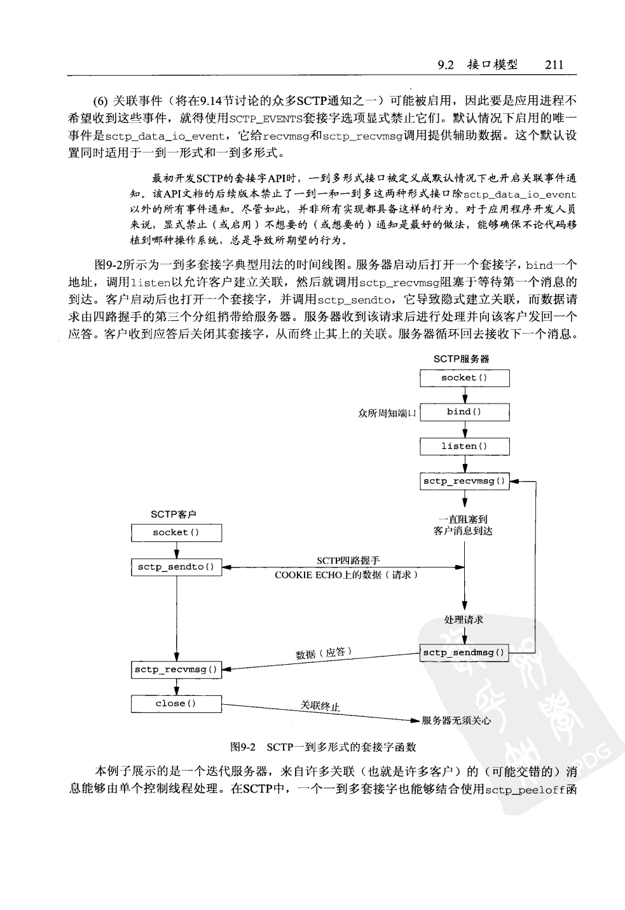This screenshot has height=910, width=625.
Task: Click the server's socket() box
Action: [464, 378]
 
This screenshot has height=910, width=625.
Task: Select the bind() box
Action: [464, 412]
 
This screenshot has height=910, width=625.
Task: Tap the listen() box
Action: [464, 446]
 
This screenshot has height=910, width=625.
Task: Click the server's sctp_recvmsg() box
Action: [464, 481]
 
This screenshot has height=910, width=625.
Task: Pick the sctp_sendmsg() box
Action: [464, 653]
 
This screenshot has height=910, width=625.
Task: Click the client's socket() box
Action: [176, 533]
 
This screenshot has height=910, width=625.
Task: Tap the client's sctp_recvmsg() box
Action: [176, 669]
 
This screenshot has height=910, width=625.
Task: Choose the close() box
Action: [176, 703]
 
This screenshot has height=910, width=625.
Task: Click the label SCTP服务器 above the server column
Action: [462, 359]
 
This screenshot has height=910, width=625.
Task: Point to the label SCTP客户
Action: [173, 515]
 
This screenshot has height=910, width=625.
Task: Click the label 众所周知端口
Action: [387, 414]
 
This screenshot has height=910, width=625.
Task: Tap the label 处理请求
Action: [464, 620]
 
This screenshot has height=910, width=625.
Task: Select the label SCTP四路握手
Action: [348, 560]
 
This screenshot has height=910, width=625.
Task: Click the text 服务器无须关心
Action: [457, 721]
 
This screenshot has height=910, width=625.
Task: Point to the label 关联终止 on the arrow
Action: [320, 706]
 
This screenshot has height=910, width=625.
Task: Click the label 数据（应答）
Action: [324, 653]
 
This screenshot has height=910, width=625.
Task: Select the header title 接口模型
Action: [492, 64]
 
